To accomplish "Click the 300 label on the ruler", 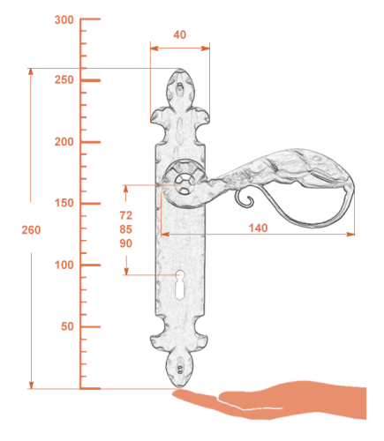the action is pyautogui.click(x=64, y=20).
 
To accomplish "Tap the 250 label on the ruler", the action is pyautogui.click(x=64, y=79).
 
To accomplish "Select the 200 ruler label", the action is pyautogui.click(x=64, y=142).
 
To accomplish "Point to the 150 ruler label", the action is pyautogui.click(x=64, y=203).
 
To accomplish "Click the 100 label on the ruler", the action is pyautogui.click(x=64, y=265).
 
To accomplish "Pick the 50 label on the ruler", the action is pyautogui.click(x=67, y=326).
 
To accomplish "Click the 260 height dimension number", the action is pyautogui.click(x=31, y=230).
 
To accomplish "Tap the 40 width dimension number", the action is pyautogui.click(x=179, y=34).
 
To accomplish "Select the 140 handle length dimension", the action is pyautogui.click(x=258, y=228).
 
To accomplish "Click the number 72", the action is pyautogui.click(x=126, y=215).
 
